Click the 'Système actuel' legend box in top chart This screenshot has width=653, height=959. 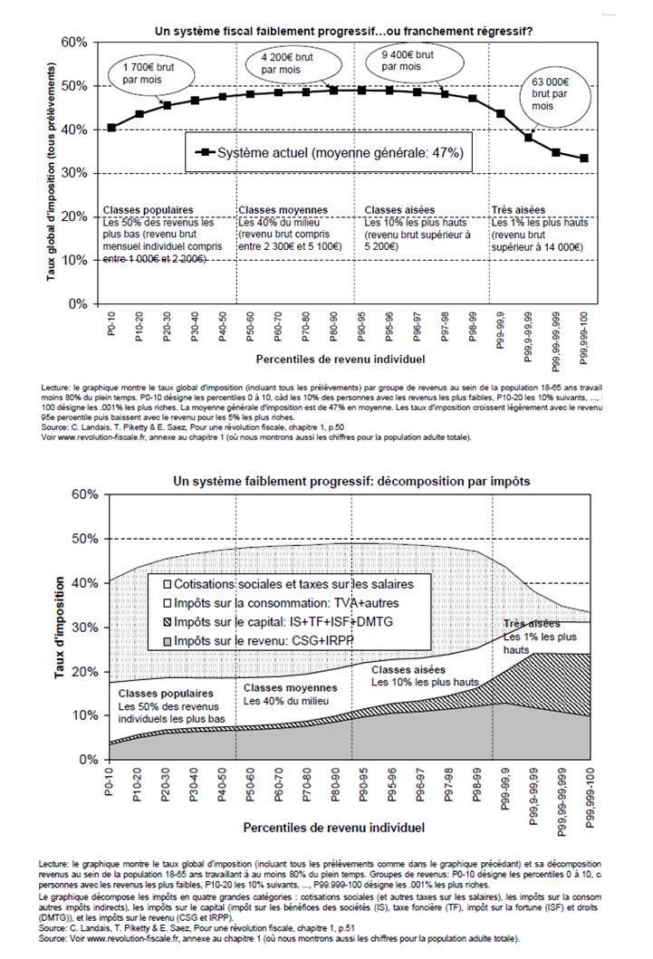[x=331, y=154]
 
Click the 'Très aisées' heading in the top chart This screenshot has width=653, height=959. [x=519, y=210]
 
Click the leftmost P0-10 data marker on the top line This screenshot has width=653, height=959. [x=111, y=128]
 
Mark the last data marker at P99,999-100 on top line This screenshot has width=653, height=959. [x=582, y=158]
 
